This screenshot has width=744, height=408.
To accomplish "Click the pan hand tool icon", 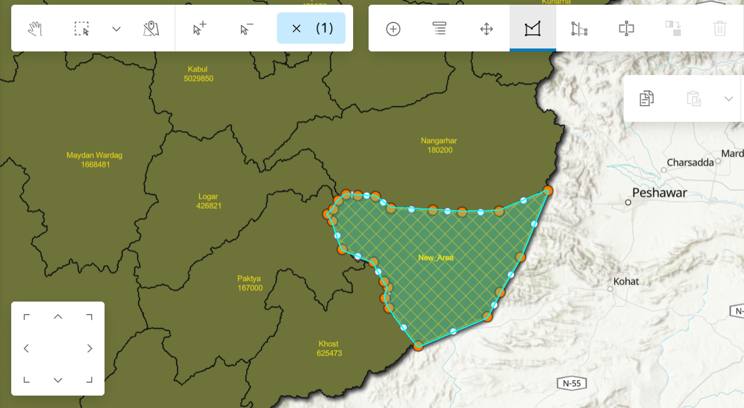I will pos(35,28).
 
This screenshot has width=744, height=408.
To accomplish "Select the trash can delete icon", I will pos(720,28).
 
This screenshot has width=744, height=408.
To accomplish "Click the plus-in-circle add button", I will pos(393,28).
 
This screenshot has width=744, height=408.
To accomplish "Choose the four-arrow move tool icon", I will pos(487,28).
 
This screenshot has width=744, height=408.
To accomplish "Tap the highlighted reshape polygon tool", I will pos(533,28).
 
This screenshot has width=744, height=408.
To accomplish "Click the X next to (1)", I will pos(296,28).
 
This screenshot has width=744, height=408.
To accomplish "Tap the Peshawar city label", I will pos(660,193).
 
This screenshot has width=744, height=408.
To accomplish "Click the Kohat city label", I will pos(626,281).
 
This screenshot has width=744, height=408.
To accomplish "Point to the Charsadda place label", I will pos(690,163).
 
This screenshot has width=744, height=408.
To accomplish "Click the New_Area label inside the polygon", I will pos(436,258).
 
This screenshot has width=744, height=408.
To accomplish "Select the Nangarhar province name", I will pos(439,141).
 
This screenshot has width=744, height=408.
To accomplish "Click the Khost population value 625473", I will pos(329,354).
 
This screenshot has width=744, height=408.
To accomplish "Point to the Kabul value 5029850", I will pos(198,79).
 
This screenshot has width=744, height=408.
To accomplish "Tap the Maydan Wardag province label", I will pos(94,156).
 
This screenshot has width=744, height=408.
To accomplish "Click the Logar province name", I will pos(208,196).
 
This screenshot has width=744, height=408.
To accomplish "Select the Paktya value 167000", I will pos(249,288).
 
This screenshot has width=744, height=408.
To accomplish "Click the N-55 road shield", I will pos(571,383).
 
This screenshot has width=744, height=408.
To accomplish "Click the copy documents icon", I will pos(647,98).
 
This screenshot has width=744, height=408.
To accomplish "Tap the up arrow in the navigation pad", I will pos(58,317).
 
